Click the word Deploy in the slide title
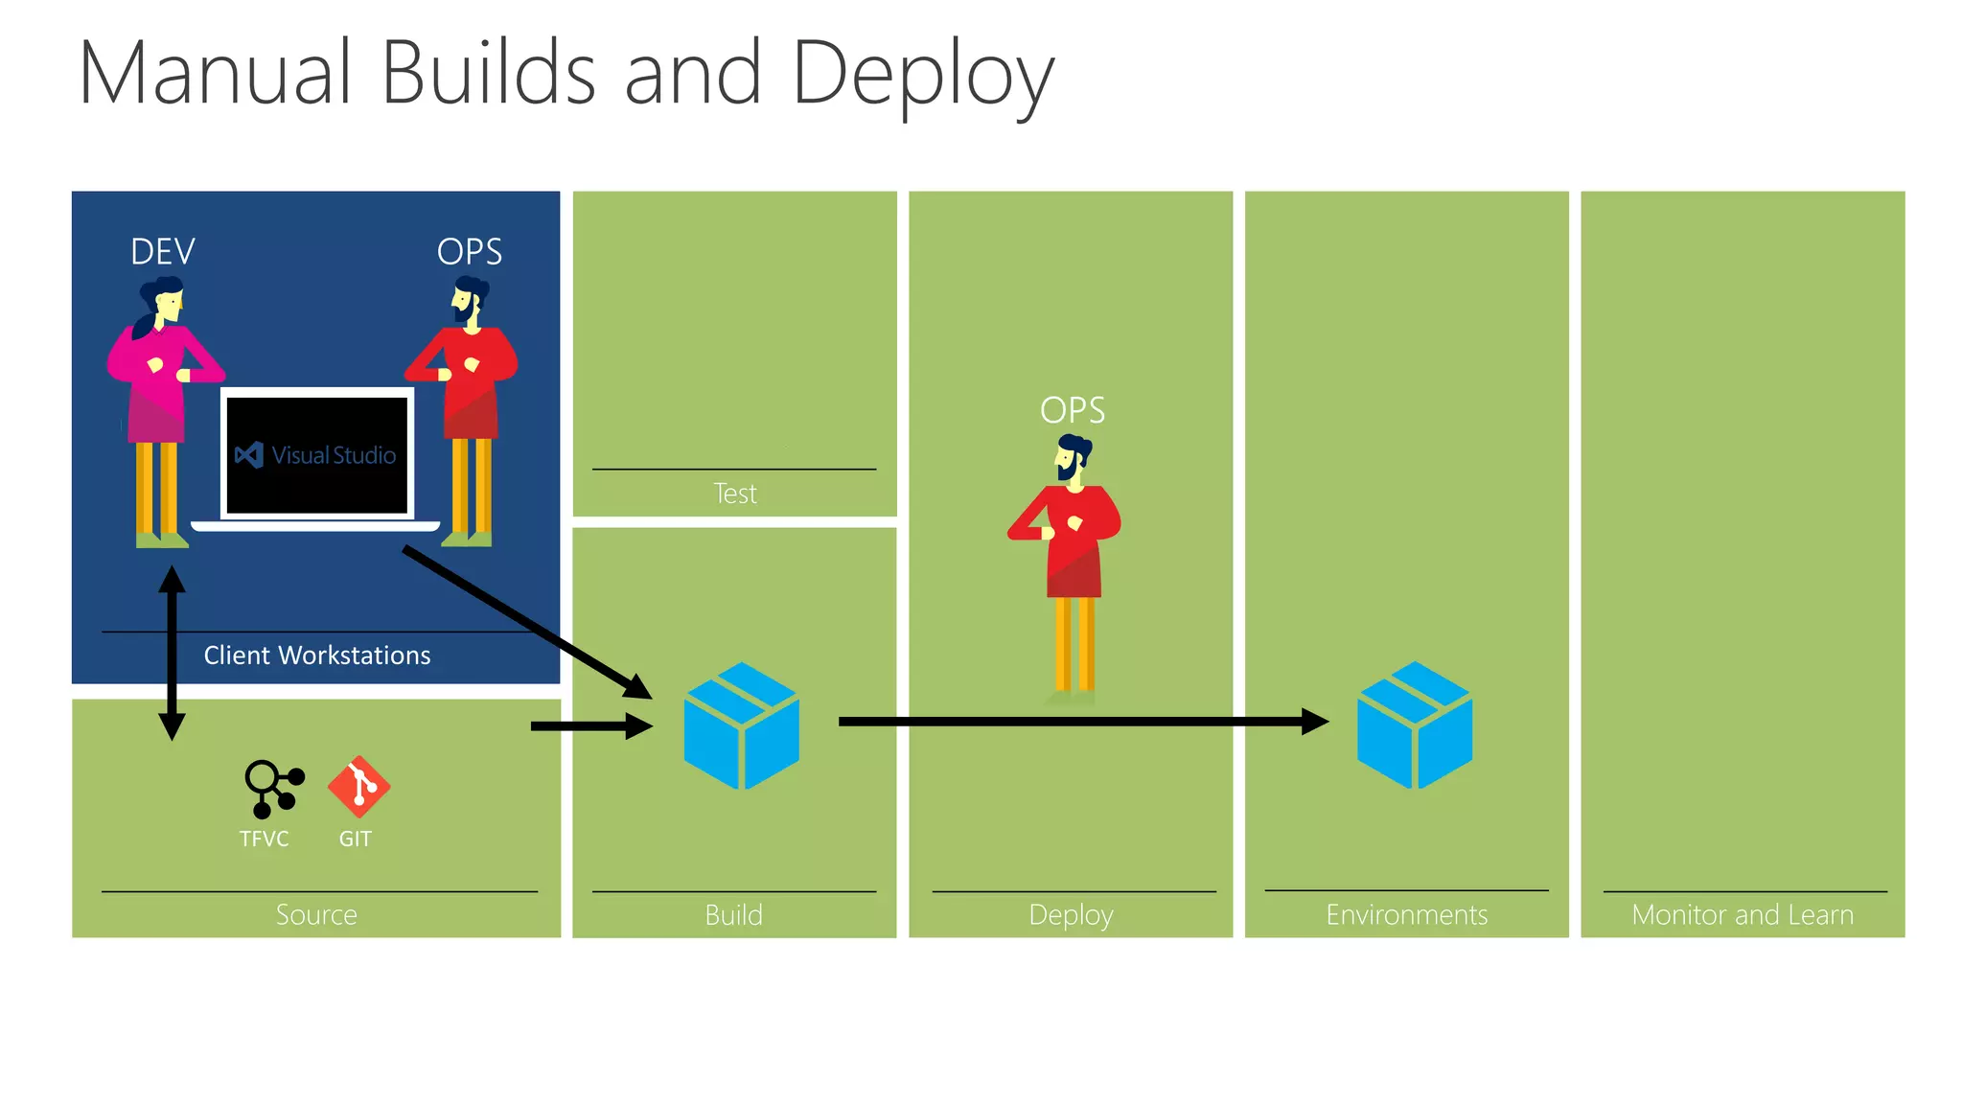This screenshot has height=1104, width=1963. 922,75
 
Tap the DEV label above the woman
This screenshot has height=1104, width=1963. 162,252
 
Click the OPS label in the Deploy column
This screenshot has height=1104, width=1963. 1073,410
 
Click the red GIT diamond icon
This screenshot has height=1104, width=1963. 358,787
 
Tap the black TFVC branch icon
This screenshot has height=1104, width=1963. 273,788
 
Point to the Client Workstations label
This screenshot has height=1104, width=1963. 317,655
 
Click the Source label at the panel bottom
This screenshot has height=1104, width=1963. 316,915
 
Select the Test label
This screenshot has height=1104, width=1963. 735,494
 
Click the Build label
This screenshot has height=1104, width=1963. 734,915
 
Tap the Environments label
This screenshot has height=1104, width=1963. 1406,915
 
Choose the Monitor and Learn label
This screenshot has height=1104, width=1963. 1743,915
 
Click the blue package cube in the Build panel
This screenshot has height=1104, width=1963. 741,725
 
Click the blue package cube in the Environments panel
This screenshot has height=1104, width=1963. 1415,725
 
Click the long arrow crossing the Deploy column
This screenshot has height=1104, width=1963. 1074,722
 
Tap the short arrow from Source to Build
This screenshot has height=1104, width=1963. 589,726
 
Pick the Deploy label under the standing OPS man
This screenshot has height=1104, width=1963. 1071,915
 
